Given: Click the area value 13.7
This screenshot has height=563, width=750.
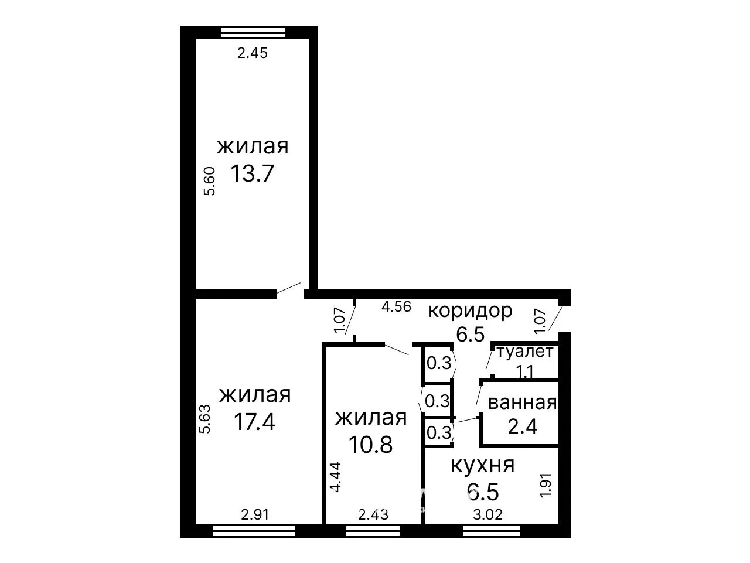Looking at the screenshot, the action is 252,173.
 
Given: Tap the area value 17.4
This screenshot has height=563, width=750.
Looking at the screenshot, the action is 254,422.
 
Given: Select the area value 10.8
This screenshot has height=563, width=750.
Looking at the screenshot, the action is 370,445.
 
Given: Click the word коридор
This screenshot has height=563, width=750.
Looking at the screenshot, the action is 470,311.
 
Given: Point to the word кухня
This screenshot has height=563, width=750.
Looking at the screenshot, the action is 483,465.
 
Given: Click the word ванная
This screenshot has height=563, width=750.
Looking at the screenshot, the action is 523,403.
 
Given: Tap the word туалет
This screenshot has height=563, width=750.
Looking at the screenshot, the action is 525,352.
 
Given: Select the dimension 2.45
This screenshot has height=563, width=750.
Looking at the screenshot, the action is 253,53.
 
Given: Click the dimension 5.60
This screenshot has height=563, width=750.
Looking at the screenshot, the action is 209,181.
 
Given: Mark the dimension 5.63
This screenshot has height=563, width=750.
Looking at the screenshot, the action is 204,419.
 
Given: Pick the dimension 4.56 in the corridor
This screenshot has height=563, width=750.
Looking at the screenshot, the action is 396,307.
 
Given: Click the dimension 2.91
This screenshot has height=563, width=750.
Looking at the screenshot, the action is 255,514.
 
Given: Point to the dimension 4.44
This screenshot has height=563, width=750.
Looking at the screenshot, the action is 336,477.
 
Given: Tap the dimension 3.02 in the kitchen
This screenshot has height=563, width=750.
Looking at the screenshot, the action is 487,514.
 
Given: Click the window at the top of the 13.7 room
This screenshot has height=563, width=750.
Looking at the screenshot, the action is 253,32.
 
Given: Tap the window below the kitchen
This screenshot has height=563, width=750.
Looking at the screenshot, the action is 492,531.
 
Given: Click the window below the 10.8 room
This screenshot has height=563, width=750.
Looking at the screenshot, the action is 373,531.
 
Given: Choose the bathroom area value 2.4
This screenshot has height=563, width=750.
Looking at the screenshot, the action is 523,426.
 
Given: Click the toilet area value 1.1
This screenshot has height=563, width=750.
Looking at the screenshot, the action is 525,371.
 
